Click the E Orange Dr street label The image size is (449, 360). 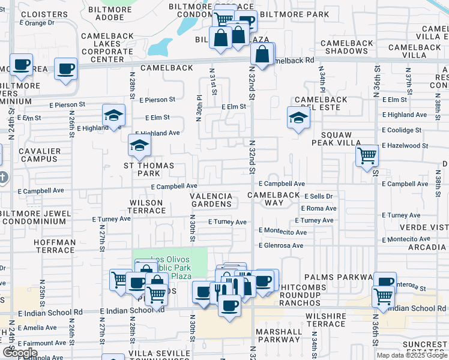37,23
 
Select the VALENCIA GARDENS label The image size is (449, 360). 211,200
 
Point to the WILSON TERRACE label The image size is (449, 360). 146,207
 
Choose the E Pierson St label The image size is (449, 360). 157,100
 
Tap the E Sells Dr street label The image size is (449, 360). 318,196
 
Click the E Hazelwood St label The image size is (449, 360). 405,146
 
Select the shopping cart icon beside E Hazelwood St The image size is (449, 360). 366,157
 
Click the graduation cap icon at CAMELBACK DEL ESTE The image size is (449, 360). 297,118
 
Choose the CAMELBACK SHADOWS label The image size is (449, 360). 347,47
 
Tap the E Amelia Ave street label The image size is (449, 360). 37,328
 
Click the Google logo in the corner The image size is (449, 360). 20,353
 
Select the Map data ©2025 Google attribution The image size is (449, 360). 412,355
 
